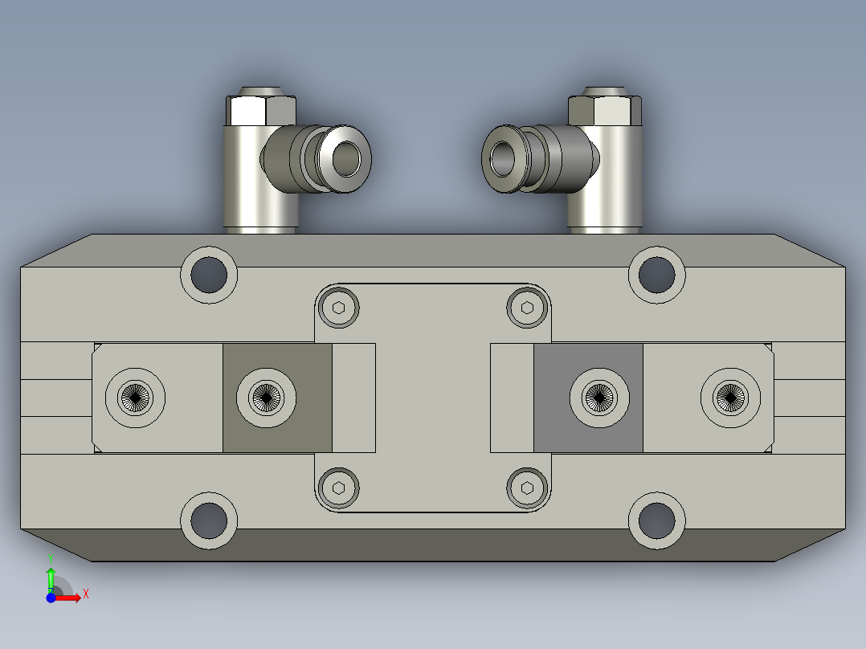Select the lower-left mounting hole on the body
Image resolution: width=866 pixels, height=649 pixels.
(209, 521)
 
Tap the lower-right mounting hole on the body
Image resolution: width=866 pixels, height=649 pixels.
(656, 521)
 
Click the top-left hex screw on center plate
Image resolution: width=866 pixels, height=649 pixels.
(338, 308)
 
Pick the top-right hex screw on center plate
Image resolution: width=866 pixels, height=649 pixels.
(527, 308)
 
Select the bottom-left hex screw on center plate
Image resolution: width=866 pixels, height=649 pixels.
(338, 488)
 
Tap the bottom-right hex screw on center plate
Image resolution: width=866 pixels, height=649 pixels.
(527, 488)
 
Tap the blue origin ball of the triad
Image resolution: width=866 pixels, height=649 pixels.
(51, 598)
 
